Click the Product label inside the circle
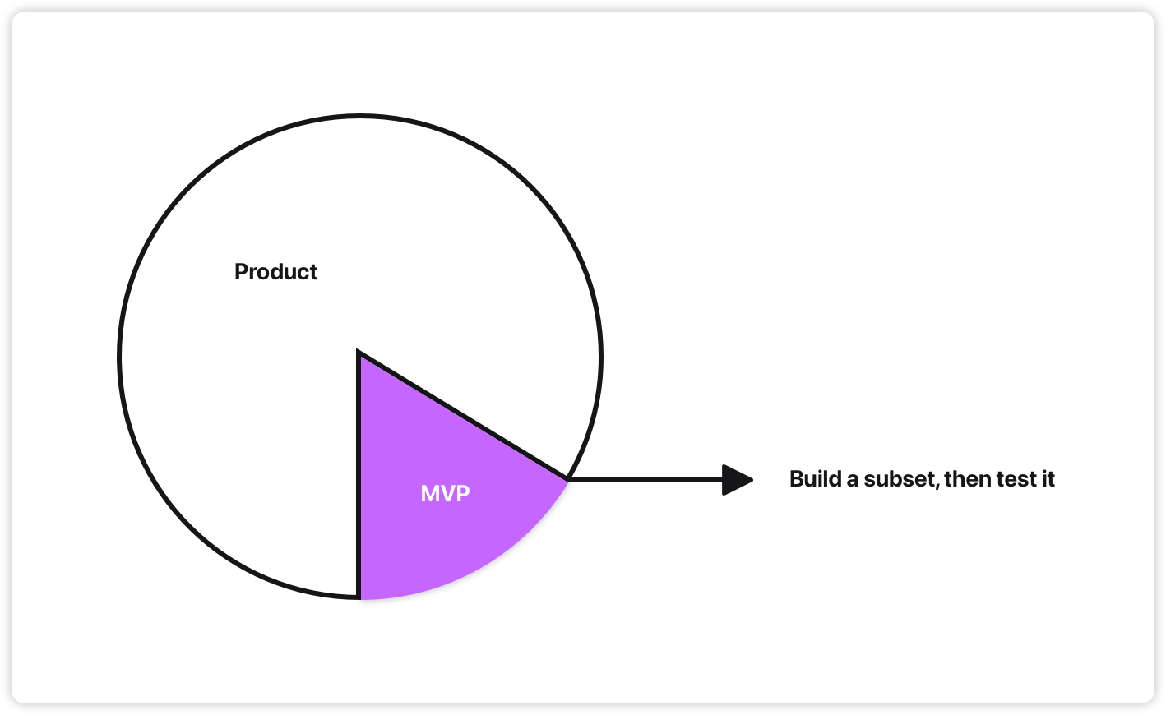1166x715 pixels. click(275, 272)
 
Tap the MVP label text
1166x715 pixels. click(445, 493)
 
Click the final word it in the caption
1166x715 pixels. click(1047, 479)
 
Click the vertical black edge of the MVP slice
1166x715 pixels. click(359, 477)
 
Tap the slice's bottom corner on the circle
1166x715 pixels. click(359, 597)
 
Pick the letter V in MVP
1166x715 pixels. click(448, 493)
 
